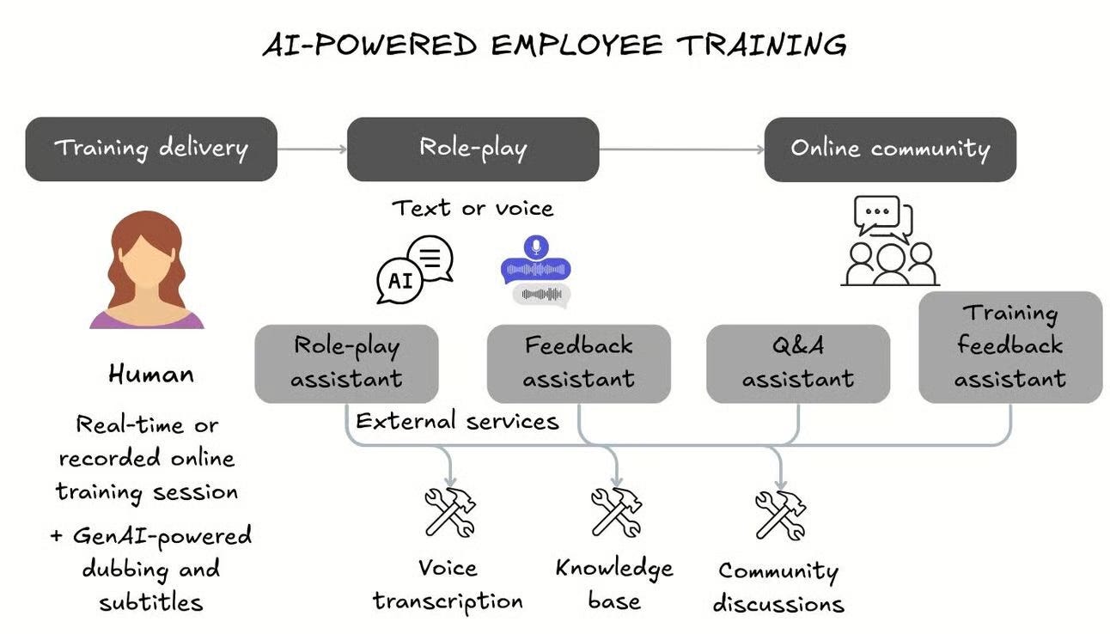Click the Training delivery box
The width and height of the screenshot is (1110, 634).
151,149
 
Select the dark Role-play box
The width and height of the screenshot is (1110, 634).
473,149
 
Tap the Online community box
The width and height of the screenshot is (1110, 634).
890,149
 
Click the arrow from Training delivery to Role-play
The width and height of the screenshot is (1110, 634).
312,149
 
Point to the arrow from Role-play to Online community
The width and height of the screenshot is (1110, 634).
681,149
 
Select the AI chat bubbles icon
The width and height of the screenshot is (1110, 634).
415,269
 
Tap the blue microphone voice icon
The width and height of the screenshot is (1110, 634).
536,261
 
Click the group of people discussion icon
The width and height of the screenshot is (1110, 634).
889,242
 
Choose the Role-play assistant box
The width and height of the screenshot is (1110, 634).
346,363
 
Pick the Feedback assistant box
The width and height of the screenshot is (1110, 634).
578,363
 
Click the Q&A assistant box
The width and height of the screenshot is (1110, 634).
797,363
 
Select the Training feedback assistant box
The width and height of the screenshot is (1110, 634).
1009,347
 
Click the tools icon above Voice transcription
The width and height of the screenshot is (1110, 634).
450,512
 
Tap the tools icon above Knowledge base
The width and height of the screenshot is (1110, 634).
616,512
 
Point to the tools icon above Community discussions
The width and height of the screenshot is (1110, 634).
780,515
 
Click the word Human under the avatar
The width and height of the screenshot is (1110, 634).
151,374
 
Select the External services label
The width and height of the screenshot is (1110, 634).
457,421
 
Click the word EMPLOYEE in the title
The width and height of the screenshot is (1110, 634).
575,45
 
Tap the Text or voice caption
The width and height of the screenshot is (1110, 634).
473,208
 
